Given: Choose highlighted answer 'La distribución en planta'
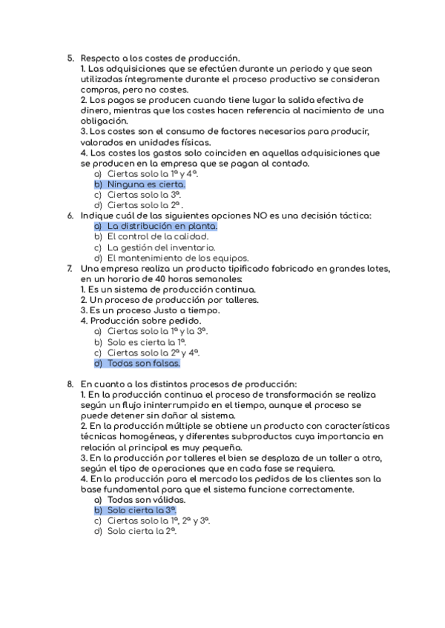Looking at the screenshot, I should pyautogui.click(x=162, y=226).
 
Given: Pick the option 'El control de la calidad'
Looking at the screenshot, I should pyautogui.click(x=157, y=237).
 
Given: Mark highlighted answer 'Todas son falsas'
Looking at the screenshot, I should pyautogui.click(x=143, y=364).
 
